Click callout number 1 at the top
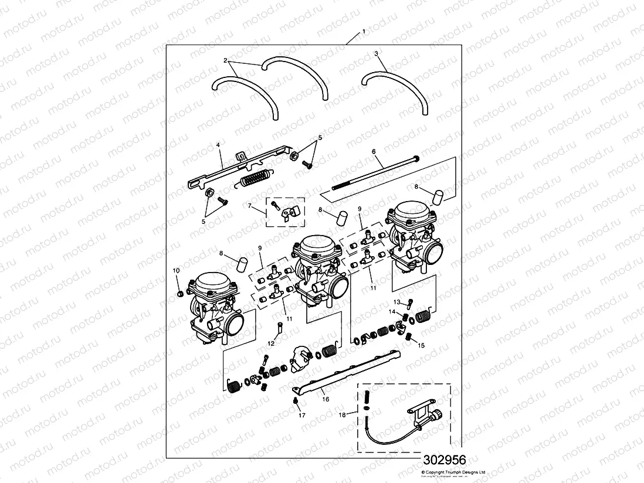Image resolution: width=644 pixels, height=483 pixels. point(364,30)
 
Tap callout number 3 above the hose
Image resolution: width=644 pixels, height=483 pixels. point(376,53)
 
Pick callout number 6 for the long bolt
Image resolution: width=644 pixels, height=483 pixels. point(373,151)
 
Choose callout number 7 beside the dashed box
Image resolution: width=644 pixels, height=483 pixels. point(249,206)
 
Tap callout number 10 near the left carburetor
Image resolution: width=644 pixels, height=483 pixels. point(175,270)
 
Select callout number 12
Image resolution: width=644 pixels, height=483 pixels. point(271,343)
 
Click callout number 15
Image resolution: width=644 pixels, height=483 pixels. point(421,346)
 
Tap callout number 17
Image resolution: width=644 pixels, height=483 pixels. point(302,416)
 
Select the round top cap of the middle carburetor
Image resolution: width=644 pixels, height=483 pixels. point(318,244)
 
